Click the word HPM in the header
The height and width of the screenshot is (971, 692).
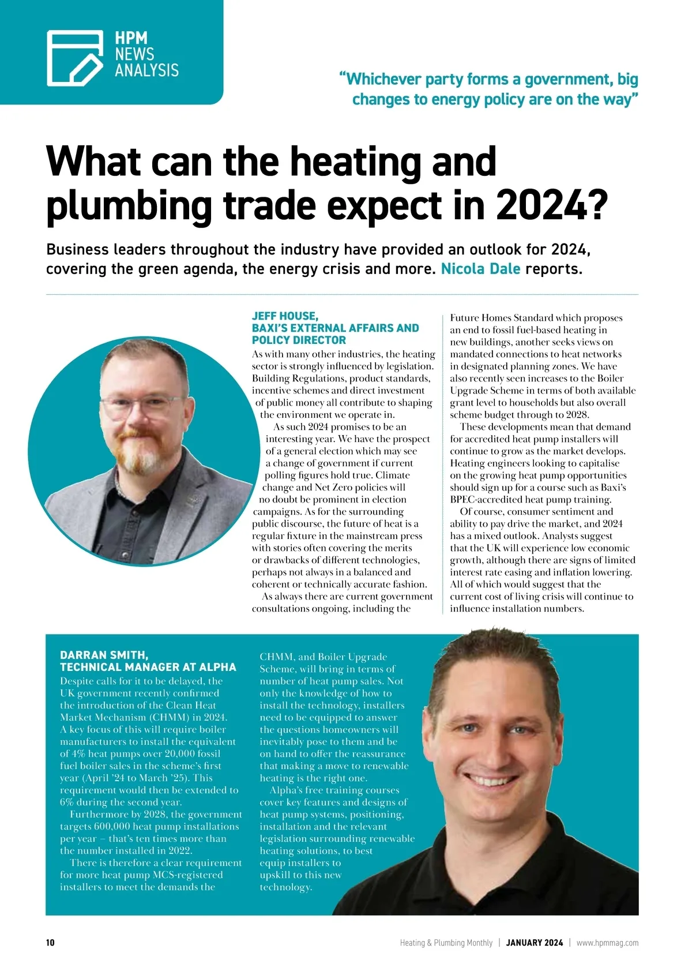[x=131, y=39]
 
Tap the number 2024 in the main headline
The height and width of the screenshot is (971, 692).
[x=542, y=205]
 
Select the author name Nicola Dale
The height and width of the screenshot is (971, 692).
[x=480, y=269]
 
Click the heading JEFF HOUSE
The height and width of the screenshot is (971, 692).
[x=284, y=316]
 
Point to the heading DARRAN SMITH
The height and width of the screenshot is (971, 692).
[x=104, y=655]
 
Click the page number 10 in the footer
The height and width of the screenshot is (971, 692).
[x=50, y=943]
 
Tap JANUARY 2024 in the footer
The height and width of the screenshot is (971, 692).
[x=535, y=943]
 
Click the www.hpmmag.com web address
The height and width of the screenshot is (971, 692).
[x=607, y=943]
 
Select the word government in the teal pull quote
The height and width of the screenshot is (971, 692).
[x=562, y=79]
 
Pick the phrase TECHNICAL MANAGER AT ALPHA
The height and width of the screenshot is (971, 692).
[x=148, y=668]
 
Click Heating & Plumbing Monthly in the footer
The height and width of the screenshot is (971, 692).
[x=446, y=943]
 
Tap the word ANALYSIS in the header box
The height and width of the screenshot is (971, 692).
[x=146, y=70]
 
